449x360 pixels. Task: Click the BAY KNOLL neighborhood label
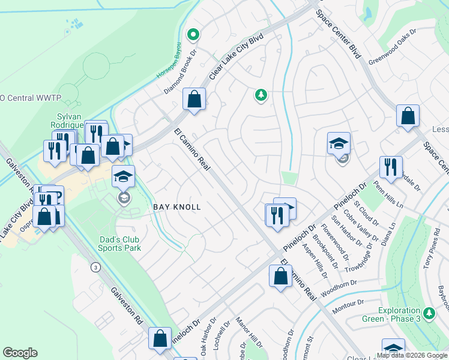[176, 206]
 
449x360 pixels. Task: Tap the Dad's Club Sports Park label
[120, 243]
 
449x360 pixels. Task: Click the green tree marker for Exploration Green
[429, 313]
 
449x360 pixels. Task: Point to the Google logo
[20, 353]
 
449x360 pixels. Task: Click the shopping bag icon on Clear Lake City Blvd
[194, 100]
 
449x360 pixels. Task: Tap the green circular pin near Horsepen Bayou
[193, 35]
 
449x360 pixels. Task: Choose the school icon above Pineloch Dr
[339, 144]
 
